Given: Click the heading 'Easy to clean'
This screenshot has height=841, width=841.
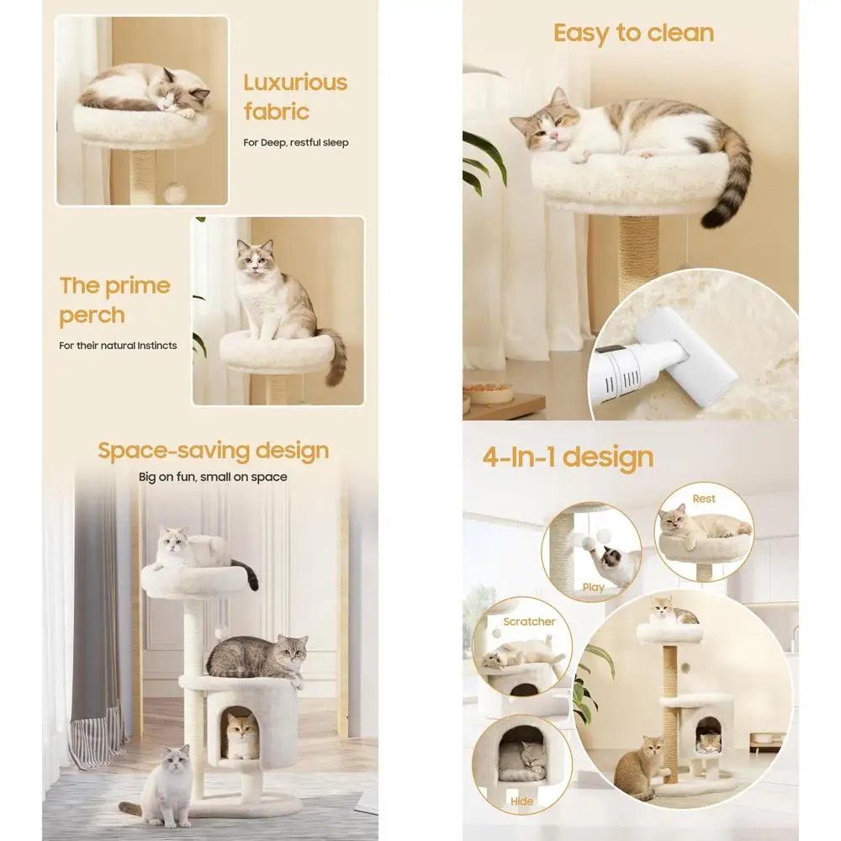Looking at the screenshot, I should tap(633, 34).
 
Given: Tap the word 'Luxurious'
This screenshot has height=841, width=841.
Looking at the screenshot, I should tap(295, 82).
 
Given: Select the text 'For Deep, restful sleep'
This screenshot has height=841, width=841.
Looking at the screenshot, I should tap(296, 142).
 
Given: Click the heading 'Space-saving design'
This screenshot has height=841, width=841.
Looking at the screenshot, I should tap(213, 451).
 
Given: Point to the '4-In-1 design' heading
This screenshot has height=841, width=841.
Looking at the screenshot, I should tap(568, 458).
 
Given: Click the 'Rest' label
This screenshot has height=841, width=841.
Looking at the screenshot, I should tap(704, 499).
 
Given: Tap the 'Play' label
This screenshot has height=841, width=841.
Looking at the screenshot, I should tap(593, 587).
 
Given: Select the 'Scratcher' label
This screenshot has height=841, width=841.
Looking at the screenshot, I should tap(529, 621).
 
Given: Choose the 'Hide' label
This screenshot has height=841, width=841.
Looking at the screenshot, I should tap(521, 801).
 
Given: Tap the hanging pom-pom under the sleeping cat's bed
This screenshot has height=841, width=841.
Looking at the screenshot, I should tap(174, 193).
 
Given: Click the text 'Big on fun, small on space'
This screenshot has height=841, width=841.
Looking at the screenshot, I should tap(213, 477).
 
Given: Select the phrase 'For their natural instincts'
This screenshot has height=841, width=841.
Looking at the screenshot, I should tap(118, 346).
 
